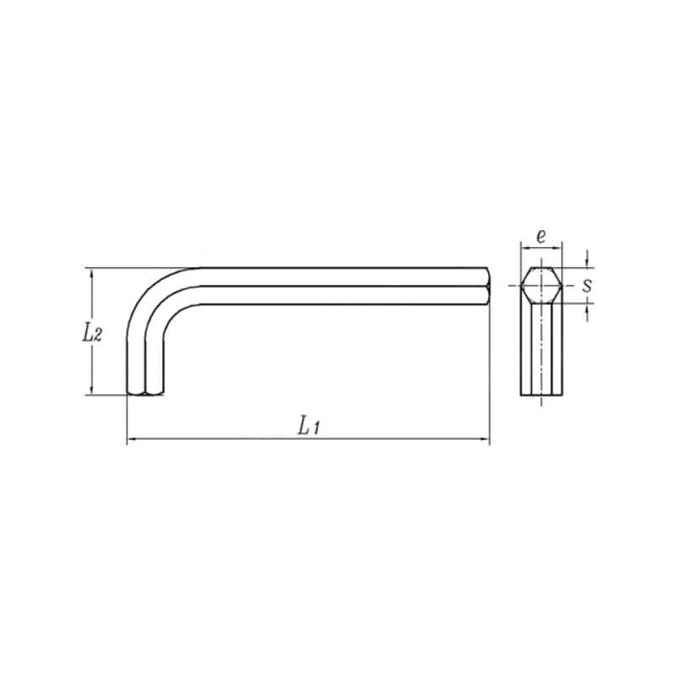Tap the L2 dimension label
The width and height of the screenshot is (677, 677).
[x=93, y=333]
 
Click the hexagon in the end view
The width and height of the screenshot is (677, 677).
[x=541, y=286]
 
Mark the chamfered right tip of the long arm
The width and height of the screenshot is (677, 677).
[x=487, y=286]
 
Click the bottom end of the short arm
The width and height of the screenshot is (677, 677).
[x=145, y=394]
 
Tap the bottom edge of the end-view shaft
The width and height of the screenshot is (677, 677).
[x=541, y=396]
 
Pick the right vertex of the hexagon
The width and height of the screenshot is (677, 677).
[x=562, y=286]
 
